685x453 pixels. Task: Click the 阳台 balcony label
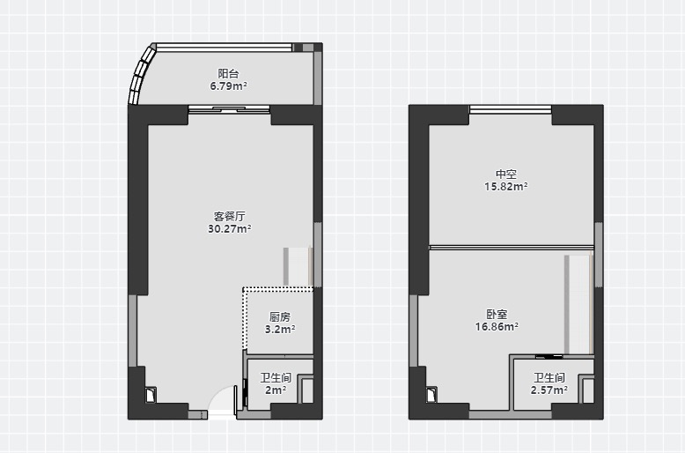(228, 73)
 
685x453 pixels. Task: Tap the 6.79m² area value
(228, 86)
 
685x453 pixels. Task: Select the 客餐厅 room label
(229, 216)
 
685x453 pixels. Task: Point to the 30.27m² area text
(229, 228)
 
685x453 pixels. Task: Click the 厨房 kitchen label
(280, 316)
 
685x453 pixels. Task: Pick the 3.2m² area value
(280, 330)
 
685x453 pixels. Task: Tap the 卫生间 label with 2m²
(276, 377)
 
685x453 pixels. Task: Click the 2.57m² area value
(549, 390)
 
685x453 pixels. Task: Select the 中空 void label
(506, 174)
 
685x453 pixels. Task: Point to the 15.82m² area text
(506, 187)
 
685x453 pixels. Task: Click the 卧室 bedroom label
(497, 314)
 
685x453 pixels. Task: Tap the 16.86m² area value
(497, 327)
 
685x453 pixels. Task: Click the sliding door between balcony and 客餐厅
(229, 109)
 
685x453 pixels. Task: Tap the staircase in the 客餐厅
(298, 267)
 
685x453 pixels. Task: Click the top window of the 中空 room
(511, 109)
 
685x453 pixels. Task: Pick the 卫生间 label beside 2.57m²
(549, 377)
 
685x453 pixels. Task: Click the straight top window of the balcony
(225, 48)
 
